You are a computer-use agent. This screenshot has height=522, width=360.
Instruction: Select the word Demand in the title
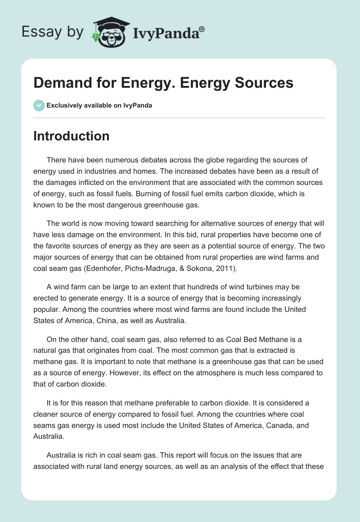[57, 83]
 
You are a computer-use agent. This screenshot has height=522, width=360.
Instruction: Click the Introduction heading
[71, 136]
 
